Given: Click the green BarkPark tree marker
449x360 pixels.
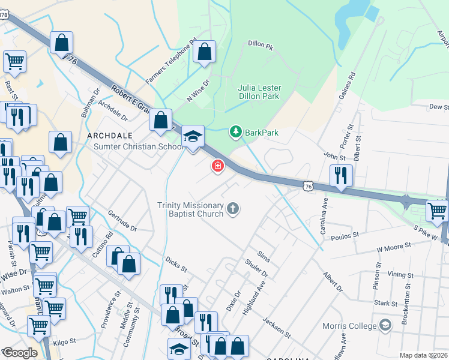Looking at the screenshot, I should [236, 131].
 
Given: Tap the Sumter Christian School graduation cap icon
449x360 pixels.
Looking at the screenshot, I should [193, 137].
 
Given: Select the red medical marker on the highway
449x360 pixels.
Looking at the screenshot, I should [217, 166].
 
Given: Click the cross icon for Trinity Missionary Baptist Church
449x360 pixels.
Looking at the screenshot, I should [233, 209].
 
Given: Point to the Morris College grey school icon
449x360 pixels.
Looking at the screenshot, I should [385, 325].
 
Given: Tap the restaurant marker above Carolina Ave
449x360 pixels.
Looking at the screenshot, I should [341, 175].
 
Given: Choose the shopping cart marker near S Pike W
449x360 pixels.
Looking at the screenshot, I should [437, 211].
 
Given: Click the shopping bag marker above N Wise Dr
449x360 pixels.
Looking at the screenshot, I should [205, 52].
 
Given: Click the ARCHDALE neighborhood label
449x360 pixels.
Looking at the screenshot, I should [109, 136].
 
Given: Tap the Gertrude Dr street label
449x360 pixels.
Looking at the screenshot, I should [122, 221].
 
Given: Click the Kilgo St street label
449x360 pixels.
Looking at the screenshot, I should [64, 341].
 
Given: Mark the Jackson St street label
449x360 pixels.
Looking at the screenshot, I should [276, 327].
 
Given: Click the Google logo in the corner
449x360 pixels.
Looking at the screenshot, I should [19, 353].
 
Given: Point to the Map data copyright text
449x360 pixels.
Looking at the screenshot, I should [423, 355].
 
